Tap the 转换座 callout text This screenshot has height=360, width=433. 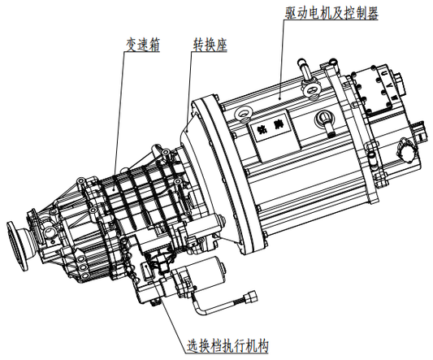(210, 43)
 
